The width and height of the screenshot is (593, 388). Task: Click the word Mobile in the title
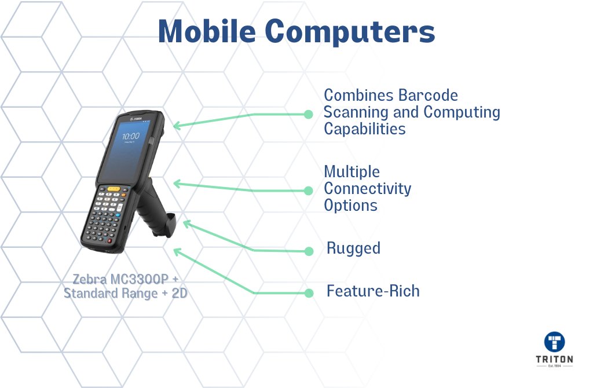(x=207, y=31)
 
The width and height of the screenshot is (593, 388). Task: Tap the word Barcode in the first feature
(x=428, y=96)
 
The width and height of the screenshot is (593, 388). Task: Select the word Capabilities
(x=365, y=129)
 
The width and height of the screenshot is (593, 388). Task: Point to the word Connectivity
(x=368, y=189)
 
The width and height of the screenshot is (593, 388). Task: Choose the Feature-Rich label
(x=373, y=291)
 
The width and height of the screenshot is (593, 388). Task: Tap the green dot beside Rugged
(x=309, y=251)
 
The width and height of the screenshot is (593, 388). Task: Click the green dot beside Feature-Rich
(x=309, y=293)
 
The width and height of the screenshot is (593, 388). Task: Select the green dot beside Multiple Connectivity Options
(x=308, y=191)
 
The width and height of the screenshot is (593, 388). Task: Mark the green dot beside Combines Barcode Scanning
(x=308, y=114)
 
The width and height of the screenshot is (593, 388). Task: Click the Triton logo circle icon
(x=554, y=342)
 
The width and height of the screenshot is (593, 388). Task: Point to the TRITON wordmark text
(x=554, y=359)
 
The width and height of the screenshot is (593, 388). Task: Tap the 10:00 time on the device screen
(x=131, y=136)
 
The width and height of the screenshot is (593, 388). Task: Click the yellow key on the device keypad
(x=114, y=188)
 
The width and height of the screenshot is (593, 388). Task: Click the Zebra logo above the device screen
(x=136, y=119)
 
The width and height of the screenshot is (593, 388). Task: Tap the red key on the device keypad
(x=109, y=240)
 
